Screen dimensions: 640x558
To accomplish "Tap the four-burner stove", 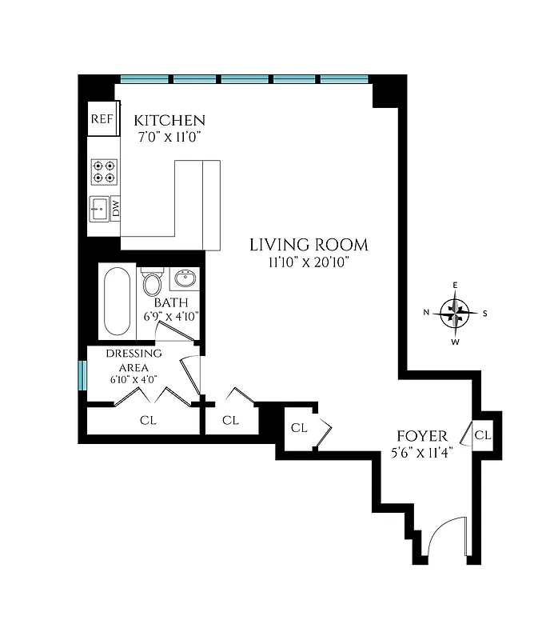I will click(103, 171).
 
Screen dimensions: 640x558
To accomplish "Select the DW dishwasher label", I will click(116, 209).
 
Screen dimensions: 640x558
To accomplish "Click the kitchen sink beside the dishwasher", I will click(98, 210).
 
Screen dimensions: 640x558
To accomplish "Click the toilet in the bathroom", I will click(152, 282).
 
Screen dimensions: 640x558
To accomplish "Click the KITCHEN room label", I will click(169, 120).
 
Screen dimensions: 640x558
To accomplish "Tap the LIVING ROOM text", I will click(309, 245).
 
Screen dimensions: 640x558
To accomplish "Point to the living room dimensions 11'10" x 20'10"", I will click(309, 262).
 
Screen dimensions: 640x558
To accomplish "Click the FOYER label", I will click(421, 436).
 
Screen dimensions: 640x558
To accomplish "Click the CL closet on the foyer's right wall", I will click(482, 435).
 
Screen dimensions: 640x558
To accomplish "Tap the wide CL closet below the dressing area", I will click(147, 420).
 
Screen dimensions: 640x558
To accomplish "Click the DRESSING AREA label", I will click(134, 360).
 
